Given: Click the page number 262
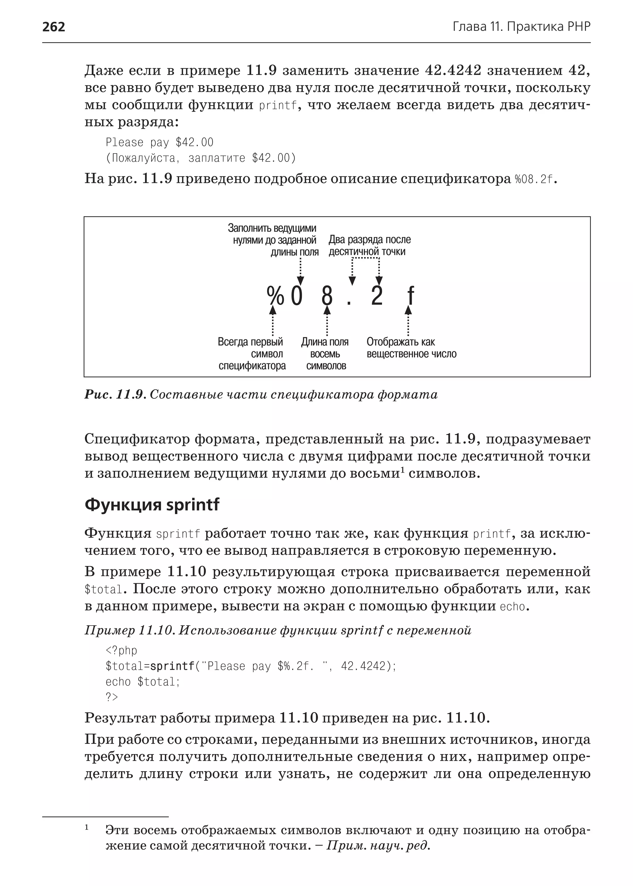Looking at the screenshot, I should click(x=53, y=27).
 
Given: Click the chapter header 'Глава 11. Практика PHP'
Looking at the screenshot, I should click(x=521, y=27).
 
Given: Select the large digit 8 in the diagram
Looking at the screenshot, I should click(x=327, y=297).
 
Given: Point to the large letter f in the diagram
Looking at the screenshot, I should click(x=410, y=297).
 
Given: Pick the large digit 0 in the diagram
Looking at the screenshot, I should click(x=297, y=297).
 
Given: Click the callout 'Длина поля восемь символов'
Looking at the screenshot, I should click(x=325, y=354).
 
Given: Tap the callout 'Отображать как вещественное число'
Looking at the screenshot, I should click(x=411, y=348).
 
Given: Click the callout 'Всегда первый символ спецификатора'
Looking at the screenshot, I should click(x=251, y=354).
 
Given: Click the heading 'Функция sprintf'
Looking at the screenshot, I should click(x=152, y=504).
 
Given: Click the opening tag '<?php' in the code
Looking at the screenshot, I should click(x=121, y=650).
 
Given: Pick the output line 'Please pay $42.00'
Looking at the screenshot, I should click(x=159, y=142).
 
